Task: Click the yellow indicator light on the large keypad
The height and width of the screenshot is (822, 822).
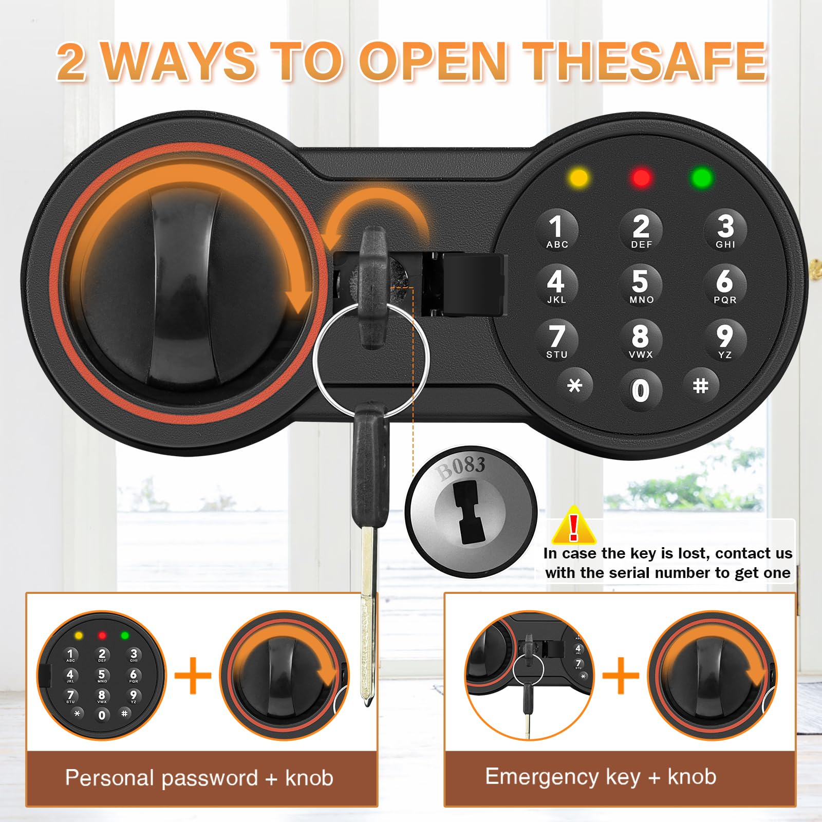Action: click(x=579, y=178)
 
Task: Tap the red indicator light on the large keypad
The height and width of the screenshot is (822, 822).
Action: click(x=641, y=178)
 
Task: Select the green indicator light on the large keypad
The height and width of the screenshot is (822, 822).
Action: click(x=702, y=178)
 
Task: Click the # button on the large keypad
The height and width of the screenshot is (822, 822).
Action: click(x=701, y=385)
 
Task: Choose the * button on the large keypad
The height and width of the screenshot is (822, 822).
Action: click(x=575, y=385)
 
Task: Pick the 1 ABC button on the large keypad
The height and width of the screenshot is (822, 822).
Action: click(x=556, y=230)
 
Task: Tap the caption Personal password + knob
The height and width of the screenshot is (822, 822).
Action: click(x=199, y=778)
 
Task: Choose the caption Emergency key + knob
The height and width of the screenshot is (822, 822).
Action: click(x=601, y=777)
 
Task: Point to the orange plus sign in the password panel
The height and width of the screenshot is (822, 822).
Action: click(x=193, y=675)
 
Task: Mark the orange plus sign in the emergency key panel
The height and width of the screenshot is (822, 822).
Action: click(x=621, y=675)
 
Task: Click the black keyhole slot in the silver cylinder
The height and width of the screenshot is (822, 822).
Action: click(x=469, y=514)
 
